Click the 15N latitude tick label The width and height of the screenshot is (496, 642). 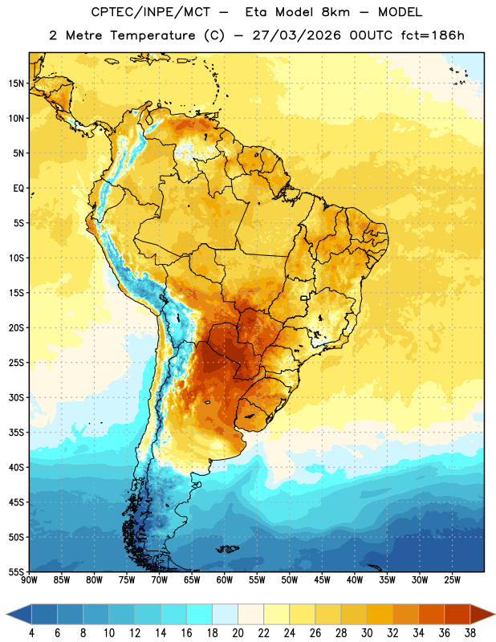tap(16, 83)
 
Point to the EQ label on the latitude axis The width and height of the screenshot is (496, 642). tap(18, 189)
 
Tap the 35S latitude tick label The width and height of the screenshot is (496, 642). tap(16, 433)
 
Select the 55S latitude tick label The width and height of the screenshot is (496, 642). tap(16, 571)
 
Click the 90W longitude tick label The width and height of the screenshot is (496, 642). tap(29, 580)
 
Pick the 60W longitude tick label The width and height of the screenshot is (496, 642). tap(225, 580)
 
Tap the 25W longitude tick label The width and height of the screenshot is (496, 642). tap(452, 580)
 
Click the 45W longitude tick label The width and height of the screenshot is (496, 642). tap(322, 580)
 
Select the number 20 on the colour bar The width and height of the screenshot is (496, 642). tap(238, 633)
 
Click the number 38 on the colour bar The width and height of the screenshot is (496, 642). tap(470, 633)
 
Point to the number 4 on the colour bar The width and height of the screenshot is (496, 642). tap(31, 633)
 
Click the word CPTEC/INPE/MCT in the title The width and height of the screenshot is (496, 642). tap(151, 12)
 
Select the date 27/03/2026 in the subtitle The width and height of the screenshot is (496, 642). tap(296, 35)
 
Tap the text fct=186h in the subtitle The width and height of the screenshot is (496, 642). tap(433, 35)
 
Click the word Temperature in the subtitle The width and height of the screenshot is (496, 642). tap(152, 36)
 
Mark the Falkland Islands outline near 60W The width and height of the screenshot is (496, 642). tap(228, 549)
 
